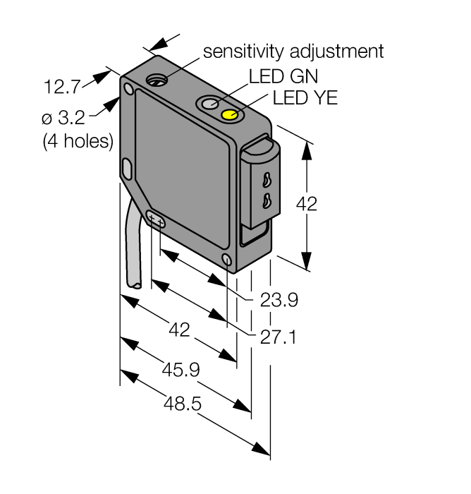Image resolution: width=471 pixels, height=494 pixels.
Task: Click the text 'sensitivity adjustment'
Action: (x=293, y=52)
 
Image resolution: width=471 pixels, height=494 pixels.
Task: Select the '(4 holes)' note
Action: (x=78, y=141)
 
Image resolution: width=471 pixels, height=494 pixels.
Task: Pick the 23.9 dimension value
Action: (x=279, y=301)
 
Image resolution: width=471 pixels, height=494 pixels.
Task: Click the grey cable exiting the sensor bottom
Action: (x=134, y=247)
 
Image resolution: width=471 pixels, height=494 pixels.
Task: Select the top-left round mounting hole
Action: (x=128, y=90)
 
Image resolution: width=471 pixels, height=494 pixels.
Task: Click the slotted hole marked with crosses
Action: (x=156, y=222)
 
